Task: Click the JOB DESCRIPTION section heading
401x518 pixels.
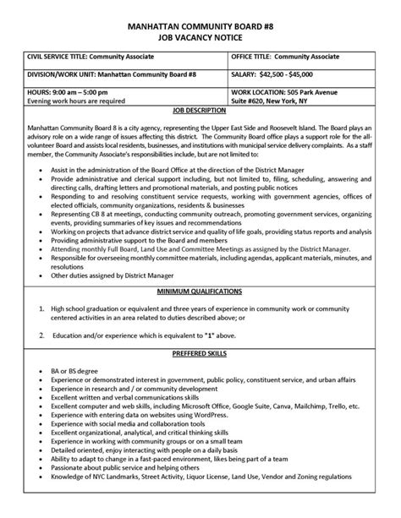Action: pyautogui.click(x=200, y=110)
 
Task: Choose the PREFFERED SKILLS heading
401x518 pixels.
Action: pyautogui.click(x=200, y=375)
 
